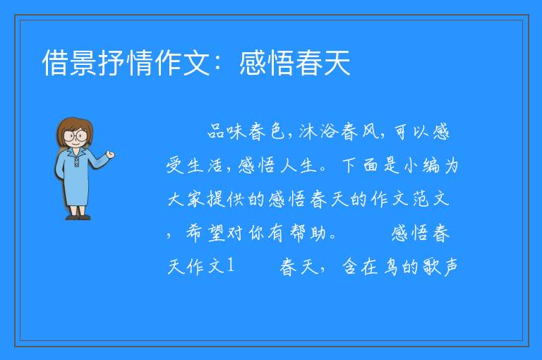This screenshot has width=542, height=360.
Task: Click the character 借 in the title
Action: click(x=55, y=63)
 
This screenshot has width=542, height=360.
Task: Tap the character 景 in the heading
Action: click(x=83, y=63)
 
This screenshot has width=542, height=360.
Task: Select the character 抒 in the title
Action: click(x=112, y=63)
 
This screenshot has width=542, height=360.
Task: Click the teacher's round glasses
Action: click(x=76, y=135)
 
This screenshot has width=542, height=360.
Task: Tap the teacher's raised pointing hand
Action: click(x=110, y=155)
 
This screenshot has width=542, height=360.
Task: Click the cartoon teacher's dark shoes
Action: click(x=78, y=217)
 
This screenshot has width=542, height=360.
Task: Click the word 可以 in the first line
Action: click(x=411, y=132)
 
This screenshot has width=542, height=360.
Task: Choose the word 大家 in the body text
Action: click(x=186, y=199)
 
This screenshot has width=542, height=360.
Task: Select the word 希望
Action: click(x=205, y=233)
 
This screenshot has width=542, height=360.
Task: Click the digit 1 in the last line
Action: click(x=231, y=265)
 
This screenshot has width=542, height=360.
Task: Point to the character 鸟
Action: click(x=391, y=266)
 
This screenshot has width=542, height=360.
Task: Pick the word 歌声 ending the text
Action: click(x=441, y=266)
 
